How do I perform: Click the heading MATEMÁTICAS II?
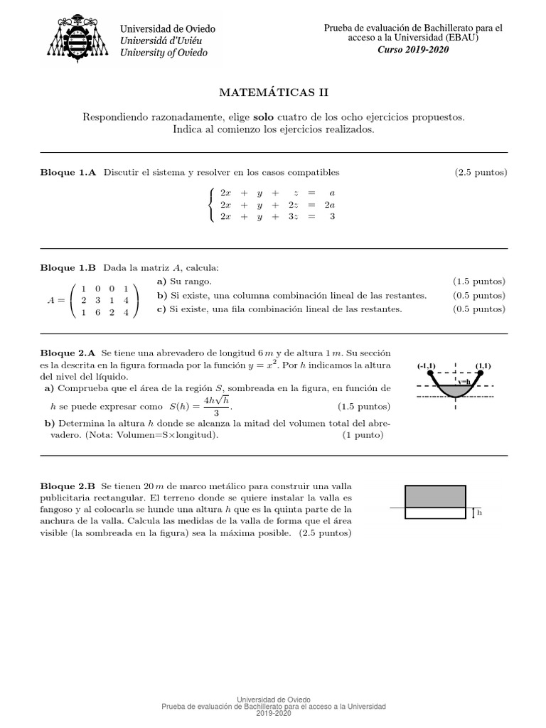[x=274, y=92]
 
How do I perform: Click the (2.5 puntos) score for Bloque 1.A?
[x=481, y=173]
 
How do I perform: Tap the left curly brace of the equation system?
[x=210, y=205]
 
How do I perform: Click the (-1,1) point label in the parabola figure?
[x=427, y=366]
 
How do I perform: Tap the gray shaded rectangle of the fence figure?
[x=434, y=496]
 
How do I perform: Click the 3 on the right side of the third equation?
[x=332, y=218]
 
